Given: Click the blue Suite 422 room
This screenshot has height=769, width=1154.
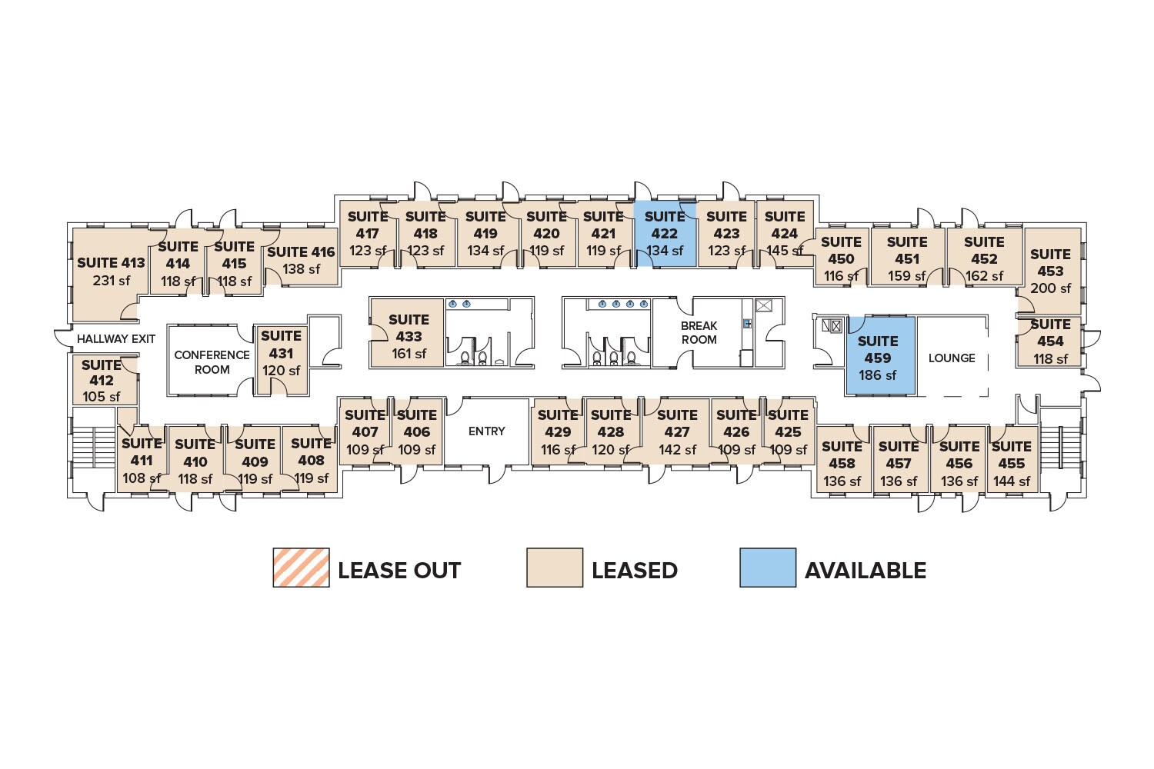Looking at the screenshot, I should click(665, 234).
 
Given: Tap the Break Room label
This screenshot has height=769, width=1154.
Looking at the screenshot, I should click(699, 333).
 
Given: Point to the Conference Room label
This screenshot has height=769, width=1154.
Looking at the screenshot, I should click(212, 362).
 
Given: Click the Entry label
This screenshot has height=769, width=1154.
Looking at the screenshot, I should click(487, 431).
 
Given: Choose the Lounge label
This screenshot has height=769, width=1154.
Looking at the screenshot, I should click(952, 358).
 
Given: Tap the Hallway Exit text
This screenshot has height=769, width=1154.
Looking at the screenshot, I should click(116, 339).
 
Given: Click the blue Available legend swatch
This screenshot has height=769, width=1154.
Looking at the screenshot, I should click(768, 568).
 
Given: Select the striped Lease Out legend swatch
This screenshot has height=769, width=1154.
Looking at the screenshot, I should click(301, 568).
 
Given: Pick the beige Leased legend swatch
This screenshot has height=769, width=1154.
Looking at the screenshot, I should click(554, 568).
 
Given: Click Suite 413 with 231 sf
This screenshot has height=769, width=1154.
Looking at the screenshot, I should click(111, 271).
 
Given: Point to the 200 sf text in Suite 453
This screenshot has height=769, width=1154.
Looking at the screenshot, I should click(1050, 288).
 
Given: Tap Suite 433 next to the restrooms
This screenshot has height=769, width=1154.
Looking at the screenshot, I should click(409, 336).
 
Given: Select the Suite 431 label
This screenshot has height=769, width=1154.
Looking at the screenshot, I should click(281, 345).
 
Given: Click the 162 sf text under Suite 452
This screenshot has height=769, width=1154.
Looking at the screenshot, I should click(984, 276).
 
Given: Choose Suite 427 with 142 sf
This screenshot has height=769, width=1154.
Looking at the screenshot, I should click(677, 432).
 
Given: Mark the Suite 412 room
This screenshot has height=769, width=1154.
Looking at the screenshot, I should click(102, 380).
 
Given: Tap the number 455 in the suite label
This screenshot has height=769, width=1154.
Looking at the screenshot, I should click(1011, 464).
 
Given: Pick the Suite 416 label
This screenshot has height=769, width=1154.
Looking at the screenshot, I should click(301, 252).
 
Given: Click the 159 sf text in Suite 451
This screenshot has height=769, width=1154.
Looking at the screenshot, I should click(907, 276).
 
